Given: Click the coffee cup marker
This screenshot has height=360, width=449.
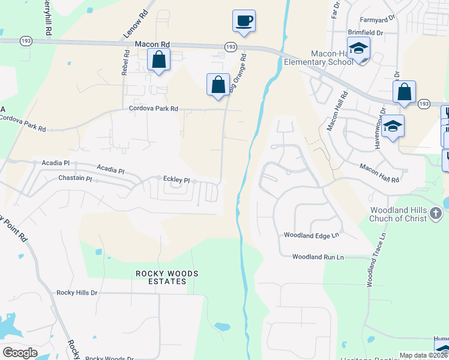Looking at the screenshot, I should click(244, 22).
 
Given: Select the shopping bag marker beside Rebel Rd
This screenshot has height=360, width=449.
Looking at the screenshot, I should click(158, 60).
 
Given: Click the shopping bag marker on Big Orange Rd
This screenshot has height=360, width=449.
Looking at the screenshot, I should click(218, 85).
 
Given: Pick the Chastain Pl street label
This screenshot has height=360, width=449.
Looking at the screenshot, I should click(75, 179).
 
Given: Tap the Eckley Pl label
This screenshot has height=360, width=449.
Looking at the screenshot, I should click(176, 180).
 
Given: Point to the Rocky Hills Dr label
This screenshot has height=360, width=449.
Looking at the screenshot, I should click(77, 293).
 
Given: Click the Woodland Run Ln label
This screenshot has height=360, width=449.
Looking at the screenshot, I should click(318, 257).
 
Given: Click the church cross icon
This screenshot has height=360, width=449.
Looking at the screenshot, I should click(436, 213).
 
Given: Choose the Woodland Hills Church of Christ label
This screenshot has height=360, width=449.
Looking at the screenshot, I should click(399, 214).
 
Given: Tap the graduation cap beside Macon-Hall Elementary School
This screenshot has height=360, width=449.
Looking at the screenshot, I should click(358, 49).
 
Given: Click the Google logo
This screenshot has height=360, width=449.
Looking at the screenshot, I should click(20, 353).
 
